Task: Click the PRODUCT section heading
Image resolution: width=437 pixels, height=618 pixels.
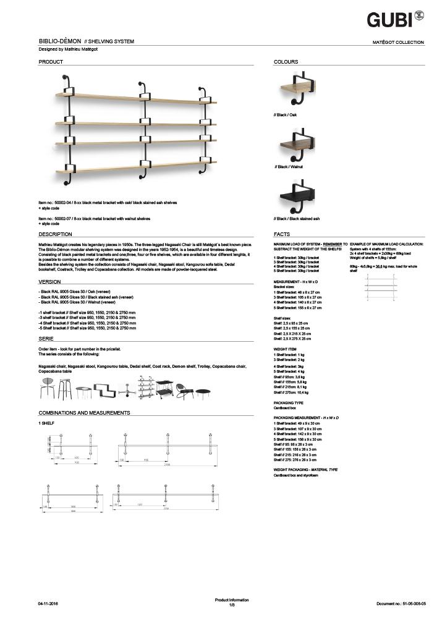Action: pos(51,62)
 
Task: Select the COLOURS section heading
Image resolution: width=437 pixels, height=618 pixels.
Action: pos(286,62)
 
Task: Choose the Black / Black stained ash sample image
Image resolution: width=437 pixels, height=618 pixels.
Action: pos(299,197)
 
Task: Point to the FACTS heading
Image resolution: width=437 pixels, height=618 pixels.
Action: pos(282,235)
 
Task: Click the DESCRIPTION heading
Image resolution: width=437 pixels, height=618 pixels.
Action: pos(56,235)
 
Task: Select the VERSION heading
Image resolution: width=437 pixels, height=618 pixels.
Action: pos(49,281)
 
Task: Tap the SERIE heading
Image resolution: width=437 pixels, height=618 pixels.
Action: pos(46,339)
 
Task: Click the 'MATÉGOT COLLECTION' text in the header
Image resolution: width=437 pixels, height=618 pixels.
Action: pos(399,43)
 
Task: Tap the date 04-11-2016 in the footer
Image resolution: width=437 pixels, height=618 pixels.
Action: pos(50,602)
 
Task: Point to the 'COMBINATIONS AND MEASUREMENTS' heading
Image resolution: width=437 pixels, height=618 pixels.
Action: pos(84,412)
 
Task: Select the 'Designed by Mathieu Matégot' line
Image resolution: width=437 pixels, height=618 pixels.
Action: pos(69,49)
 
